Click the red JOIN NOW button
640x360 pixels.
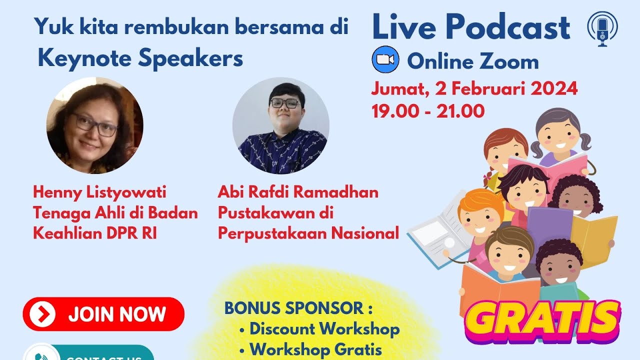(103, 314)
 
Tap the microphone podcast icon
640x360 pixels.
(602, 29)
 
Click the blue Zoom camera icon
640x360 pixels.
(385, 60)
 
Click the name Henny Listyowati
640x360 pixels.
(99, 192)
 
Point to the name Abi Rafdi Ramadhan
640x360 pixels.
(298, 192)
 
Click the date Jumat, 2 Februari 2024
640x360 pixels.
(474, 89)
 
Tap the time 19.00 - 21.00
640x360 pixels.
(428, 111)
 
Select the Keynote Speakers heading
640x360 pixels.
(140, 59)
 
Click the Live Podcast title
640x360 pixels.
(471, 27)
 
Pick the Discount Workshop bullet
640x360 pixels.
(324, 329)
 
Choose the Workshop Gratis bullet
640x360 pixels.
(315, 349)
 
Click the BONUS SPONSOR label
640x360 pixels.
(298, 308)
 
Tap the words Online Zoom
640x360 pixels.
(472, 62)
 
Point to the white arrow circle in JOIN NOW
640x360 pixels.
(42, 314)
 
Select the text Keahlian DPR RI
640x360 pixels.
(95, 233)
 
